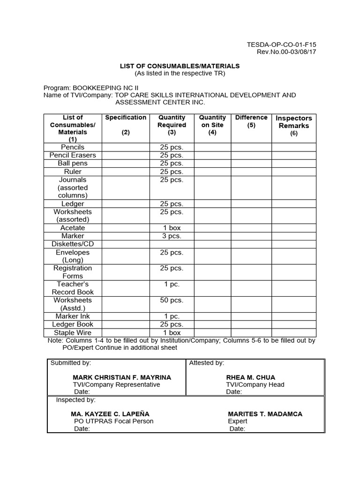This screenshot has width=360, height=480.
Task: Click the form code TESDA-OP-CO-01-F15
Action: coord(281,45)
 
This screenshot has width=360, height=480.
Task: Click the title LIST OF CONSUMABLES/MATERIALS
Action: coord(180,66)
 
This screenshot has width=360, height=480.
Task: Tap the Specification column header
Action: coord(126,118)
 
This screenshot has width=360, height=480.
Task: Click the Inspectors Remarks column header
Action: coord(294,122)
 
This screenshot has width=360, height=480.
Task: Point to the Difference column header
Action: coord(251,118)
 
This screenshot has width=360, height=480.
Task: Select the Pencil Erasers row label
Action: coord(73,155)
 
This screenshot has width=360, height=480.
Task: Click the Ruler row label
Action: coord(73,172)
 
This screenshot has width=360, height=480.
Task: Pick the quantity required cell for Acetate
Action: coord(172,228)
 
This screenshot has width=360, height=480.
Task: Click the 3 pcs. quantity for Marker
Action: coord(172,236)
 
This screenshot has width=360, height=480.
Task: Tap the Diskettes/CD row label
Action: coord(73,244)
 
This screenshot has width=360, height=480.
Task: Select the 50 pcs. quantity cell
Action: coord(172,300)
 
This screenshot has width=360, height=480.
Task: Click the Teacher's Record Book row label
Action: coord(73,288)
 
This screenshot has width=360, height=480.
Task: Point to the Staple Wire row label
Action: coord(73,332)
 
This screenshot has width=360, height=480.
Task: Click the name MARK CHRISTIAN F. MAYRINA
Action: coord(122,377)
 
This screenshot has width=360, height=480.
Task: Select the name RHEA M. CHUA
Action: coord(251,377)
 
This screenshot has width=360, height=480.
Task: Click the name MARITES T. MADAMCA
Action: coord(265,414)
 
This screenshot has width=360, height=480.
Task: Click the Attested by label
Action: coord(206,363)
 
